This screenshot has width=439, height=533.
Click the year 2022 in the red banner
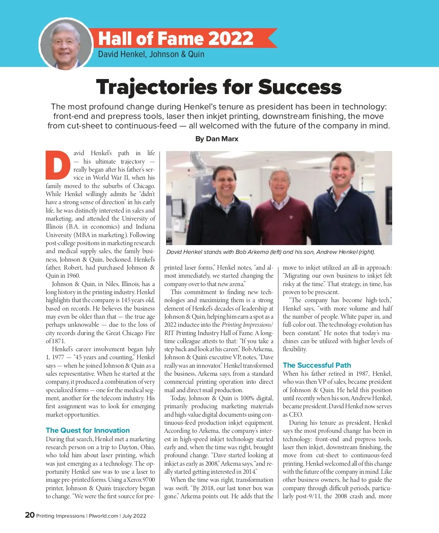pos(231,38)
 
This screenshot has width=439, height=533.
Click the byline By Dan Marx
pos(217,139)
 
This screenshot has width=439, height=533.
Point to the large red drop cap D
pos(58,165)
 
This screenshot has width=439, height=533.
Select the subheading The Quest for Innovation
pos(88,430)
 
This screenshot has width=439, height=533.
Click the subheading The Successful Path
pos(317,365)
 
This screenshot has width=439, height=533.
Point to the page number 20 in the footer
pos(30,515)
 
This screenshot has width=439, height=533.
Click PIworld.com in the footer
pos(104,516)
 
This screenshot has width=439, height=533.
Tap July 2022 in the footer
pos(134,516)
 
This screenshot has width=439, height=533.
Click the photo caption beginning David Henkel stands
pos(271,252)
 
